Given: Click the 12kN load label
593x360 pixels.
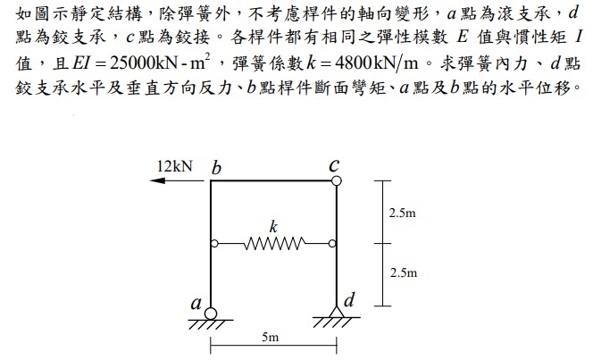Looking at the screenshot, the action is [x=175, y=166].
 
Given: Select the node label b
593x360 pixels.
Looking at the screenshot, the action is [x=216, y=168].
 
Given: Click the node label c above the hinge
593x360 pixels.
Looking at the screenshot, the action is [x=334, y=165].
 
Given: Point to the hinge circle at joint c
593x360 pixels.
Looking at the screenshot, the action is [x=336, y=180].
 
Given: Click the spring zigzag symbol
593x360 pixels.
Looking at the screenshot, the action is [x=275, y=244].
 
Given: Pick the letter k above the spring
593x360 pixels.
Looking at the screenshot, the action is [x=273, y=227].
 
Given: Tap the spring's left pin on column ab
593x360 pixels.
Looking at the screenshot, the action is [x=214, y=244].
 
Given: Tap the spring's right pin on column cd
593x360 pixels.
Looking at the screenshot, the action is [x=332, y=244].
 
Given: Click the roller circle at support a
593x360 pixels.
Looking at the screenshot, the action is [x=211, y=314].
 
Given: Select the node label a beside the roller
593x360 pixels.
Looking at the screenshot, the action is [x=196, y=304].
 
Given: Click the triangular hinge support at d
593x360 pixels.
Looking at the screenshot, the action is [x=336, y=311].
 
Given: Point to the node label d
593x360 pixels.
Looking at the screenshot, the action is [x=349, y=299].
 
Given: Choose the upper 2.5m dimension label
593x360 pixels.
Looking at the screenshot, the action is [x=403, y=213].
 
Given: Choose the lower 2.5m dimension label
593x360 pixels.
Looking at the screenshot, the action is [x=404, y=272].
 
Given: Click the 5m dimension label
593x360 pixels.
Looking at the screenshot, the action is [x=271, y=337].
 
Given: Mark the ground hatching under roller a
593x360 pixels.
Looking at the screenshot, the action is [x=210, y=324].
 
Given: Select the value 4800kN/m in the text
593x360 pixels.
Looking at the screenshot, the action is [x=377, y=63].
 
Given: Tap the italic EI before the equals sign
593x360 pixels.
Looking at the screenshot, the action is [x=80, y=63].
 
